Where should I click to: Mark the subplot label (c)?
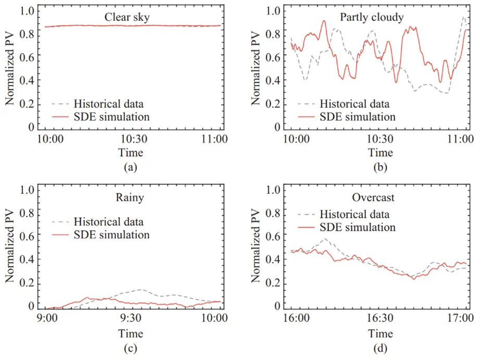[130, 347]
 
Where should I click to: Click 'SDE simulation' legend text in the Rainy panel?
[111, 234]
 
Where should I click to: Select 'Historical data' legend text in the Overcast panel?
[355, 214]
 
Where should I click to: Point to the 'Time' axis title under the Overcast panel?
[378, 333]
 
